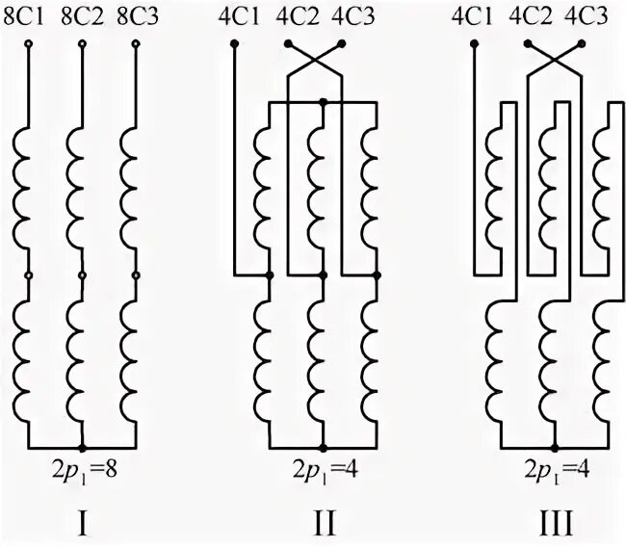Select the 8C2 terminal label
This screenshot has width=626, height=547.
click(x=82, y=16)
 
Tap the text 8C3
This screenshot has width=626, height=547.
click(x=135, y=16)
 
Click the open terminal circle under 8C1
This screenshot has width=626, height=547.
click(x=29, y=44)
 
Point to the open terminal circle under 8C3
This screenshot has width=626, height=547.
click(x=135, y=44)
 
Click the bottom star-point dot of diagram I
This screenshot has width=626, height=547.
click(x=83, y=449)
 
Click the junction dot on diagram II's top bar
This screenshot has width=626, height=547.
click(x=324, y=100)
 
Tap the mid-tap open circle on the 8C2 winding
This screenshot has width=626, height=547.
click(x=82, y=276)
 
